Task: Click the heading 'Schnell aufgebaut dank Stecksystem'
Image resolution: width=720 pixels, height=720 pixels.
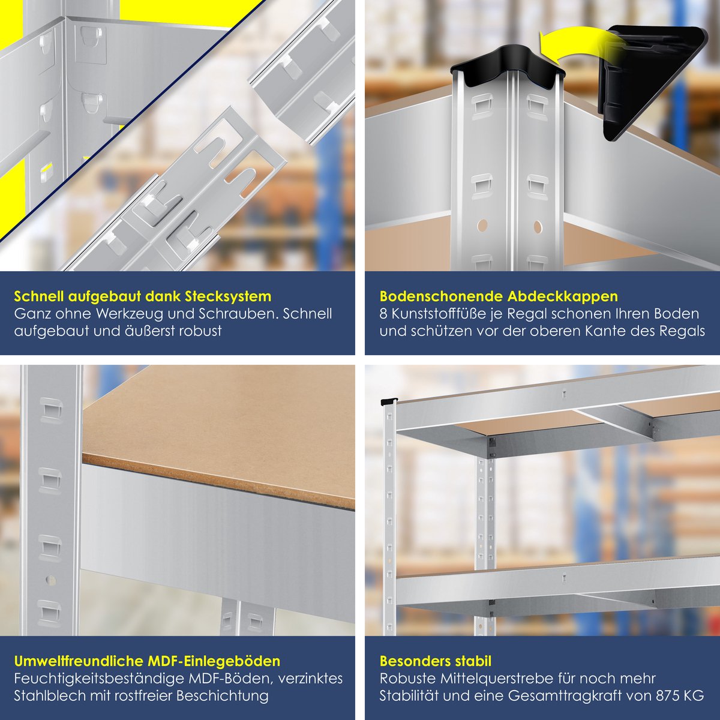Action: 143,296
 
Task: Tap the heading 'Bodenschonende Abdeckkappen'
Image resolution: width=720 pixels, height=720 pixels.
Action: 499,296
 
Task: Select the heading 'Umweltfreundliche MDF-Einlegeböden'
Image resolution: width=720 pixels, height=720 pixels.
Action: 147,661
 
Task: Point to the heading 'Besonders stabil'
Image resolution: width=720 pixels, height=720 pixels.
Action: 436,661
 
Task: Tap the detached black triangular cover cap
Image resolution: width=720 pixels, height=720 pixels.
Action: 652,82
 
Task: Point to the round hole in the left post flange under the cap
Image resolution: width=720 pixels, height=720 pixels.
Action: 483,226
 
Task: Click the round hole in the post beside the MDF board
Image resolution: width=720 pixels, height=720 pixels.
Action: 50,580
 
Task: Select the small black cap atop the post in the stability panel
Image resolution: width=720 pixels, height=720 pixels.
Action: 389,401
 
